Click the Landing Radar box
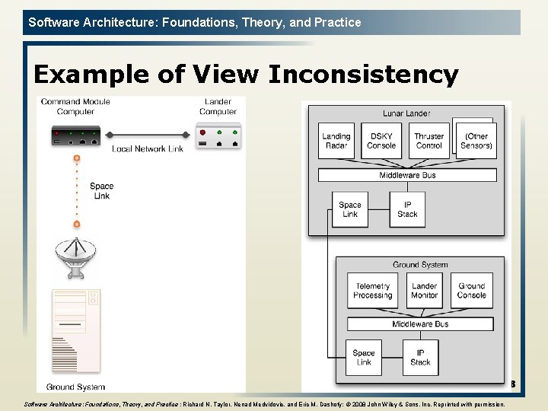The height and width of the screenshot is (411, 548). [x=336, y=141]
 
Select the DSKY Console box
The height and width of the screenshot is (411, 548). [x=381, y=141]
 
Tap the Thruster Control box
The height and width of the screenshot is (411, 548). [x=429, y=141]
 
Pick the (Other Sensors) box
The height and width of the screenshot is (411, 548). [x=476, y=141]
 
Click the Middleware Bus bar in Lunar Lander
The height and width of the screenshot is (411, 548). [x=407, y=175]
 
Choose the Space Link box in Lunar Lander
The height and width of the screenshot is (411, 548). [x=350, y=209]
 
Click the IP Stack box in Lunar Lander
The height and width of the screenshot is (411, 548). [x=408, y=209]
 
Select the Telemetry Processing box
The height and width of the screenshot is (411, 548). [x=373, y=291]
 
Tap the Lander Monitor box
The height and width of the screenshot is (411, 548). [x=424, y=291]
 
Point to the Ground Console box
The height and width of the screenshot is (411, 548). [x=472, y=291]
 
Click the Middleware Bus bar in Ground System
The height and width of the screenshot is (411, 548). [x=420, y=324]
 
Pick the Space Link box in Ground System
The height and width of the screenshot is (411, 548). [x=364, y=357]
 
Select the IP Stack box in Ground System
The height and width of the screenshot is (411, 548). [x=420, y=357]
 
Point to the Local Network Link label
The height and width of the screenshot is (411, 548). [x=148, y=148]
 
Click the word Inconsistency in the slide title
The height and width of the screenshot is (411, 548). [x=364, y=75]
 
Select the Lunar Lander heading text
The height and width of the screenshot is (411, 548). [x=406, y=113]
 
